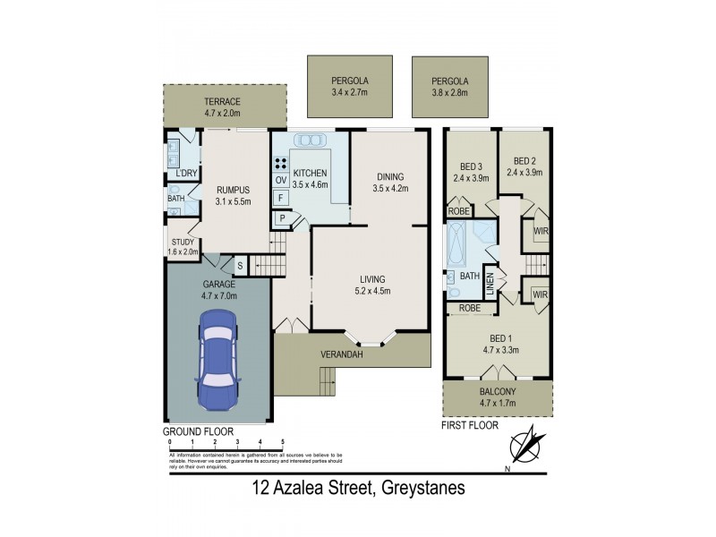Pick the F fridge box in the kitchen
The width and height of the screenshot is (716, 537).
click(x=280, y=198)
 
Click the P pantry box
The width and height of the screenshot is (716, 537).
click(x=282, y=217)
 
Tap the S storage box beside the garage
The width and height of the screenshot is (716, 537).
click(x=239, y=266)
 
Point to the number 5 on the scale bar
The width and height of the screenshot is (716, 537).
click(x=283, y=442)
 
